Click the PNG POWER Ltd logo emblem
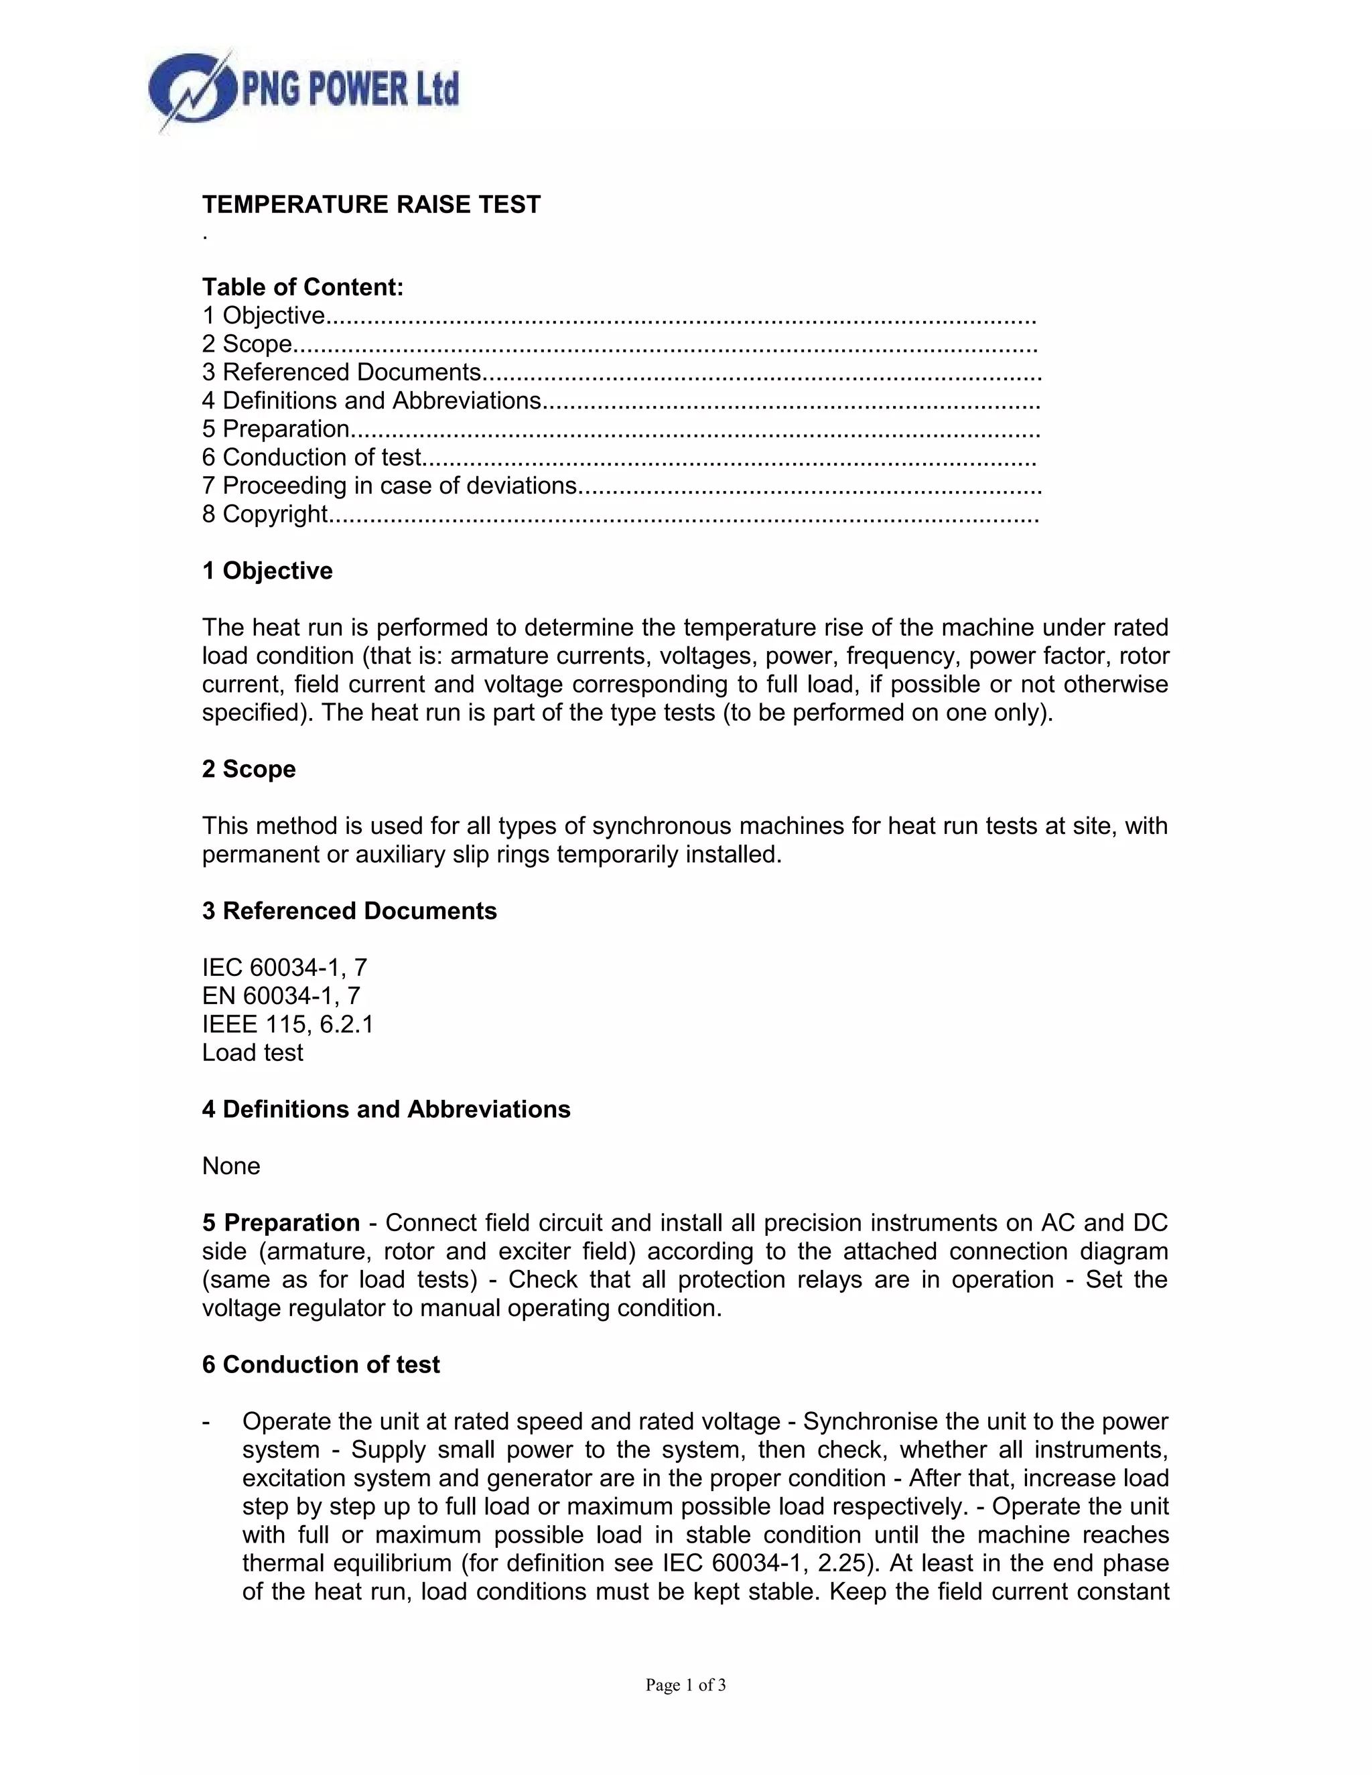tap(192, 90)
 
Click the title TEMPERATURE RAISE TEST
tap(370, 205)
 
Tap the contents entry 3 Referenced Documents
tap(352, 372)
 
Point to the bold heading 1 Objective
tap(267, 571)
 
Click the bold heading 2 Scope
tap(249, 770)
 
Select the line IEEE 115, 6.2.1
tap(287, 1025)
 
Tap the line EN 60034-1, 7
tap(281, 997)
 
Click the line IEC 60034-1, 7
tap(285, 968)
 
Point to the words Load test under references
tap(252, 1054)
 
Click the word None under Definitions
tap(231, 1167)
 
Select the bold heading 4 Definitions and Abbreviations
tap(386, 1110)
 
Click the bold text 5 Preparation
tap(281, 1223)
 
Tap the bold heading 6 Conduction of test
tap(320, 1365)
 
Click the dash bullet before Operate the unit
tap(206, 1422)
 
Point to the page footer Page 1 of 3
tap(685, 1686)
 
